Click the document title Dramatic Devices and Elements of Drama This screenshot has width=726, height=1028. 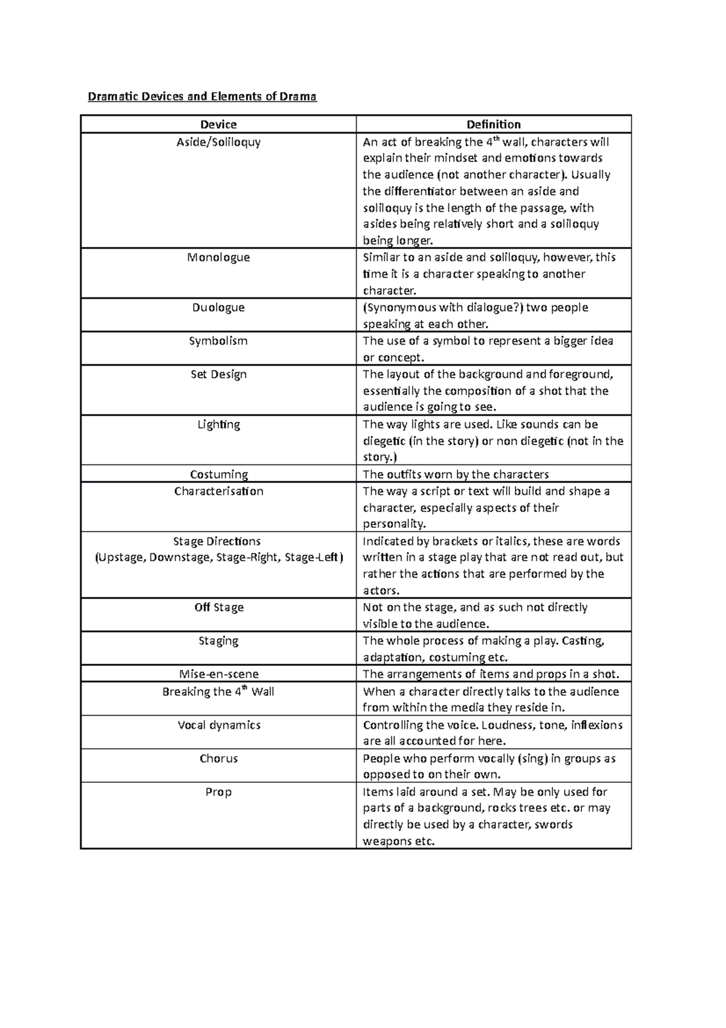click(202, 96)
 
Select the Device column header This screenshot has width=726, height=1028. click(218, 124)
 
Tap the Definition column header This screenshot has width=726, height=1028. click(493, 124)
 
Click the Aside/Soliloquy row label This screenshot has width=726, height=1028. click(218, 142)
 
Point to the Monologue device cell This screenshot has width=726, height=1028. click(218, 257)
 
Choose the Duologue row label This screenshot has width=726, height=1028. click(218, 308)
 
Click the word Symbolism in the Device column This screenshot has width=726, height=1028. click(218, 341)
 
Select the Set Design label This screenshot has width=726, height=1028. click(218, 374)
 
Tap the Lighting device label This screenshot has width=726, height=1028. click(218, 424)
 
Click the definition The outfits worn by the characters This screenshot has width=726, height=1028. click(455, 474)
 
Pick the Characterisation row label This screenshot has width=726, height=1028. click(218, 491)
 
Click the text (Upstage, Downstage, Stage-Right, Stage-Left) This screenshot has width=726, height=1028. click(218, 557)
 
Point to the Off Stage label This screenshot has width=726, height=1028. click(218, 607)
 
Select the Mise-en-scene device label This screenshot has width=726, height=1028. click(218, 674)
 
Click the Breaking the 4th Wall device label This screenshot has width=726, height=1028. click(218, 691)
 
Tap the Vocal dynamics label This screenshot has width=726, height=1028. click(218, 725)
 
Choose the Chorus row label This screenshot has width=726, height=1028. click(218, 758)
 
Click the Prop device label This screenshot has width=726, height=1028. click(218, 792)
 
